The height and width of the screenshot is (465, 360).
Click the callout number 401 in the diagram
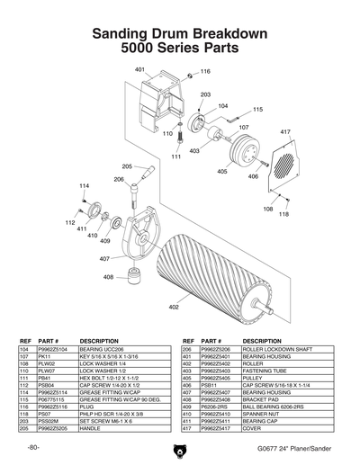pyautogui.click(x=139, y=69)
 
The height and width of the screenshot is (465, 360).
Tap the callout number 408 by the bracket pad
pyautogui.click(x=108, y=278)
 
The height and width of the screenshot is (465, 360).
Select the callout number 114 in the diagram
pyautogui.click(x=85, y=186)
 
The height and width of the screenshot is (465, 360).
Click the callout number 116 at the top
pyautogui.click(x=205, y=71)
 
